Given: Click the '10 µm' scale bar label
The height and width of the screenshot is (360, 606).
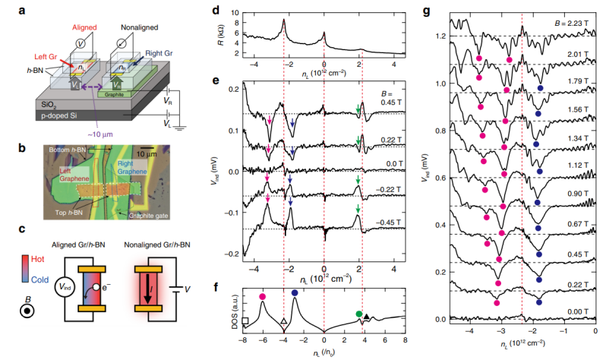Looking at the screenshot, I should pos(156,141).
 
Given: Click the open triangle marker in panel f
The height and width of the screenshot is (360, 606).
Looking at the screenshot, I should pos(283,321).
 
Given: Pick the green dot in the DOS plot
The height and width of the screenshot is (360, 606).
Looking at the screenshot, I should pos(358,313).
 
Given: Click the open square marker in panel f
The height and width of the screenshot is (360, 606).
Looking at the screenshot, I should pos(246,321).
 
